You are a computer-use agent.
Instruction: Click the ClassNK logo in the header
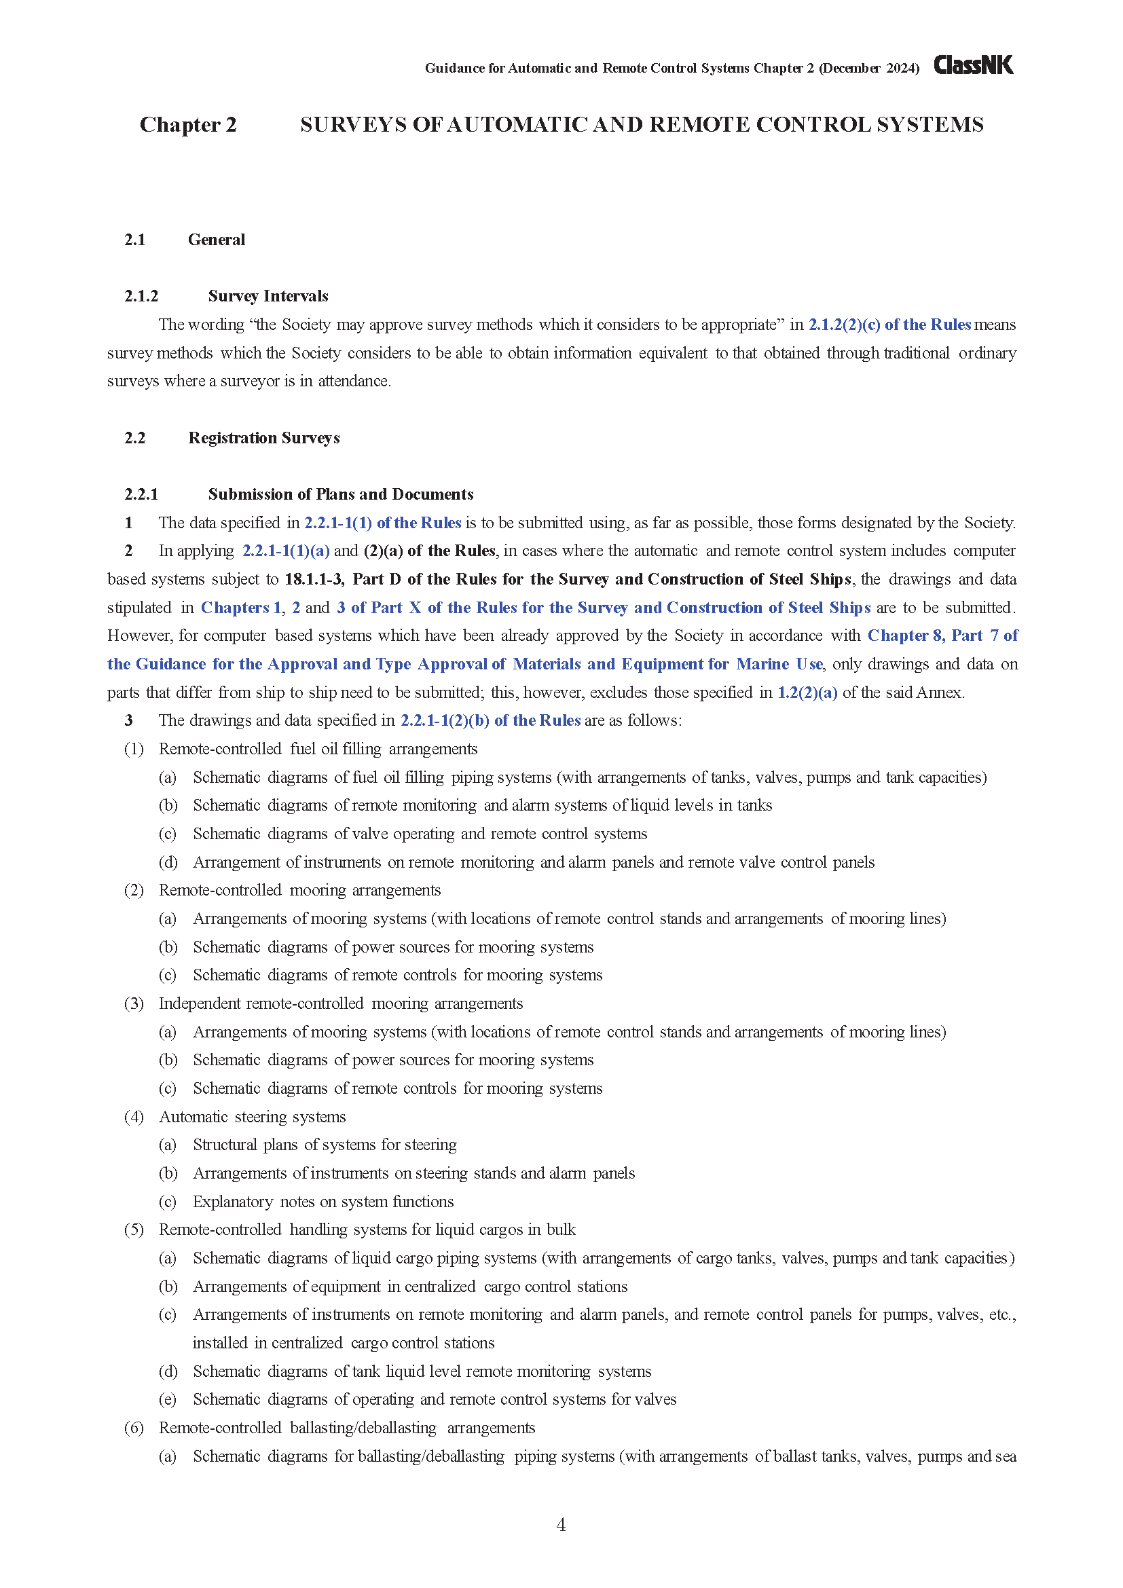point(973,65)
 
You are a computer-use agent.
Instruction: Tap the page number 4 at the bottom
point(561,1524)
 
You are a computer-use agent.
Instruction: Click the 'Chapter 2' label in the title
point(188,124)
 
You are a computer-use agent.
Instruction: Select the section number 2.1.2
point(141,296)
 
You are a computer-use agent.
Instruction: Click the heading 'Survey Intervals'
point(268,296)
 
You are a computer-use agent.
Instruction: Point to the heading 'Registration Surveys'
point(263,438)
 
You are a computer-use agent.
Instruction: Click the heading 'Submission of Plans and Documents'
point(340,494)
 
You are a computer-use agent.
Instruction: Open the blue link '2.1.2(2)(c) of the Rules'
point(889,325)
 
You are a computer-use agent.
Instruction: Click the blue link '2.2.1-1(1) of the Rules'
point(382,523)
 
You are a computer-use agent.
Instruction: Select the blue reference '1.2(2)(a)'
point(807,693)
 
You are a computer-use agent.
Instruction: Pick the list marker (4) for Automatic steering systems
point(134,1116)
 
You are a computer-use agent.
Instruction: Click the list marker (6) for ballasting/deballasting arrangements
point(134,1428)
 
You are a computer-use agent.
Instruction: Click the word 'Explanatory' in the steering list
point(233,1202)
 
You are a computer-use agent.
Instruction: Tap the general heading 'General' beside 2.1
point(217,240)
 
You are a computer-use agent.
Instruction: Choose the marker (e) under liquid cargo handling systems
point(167,1399)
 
